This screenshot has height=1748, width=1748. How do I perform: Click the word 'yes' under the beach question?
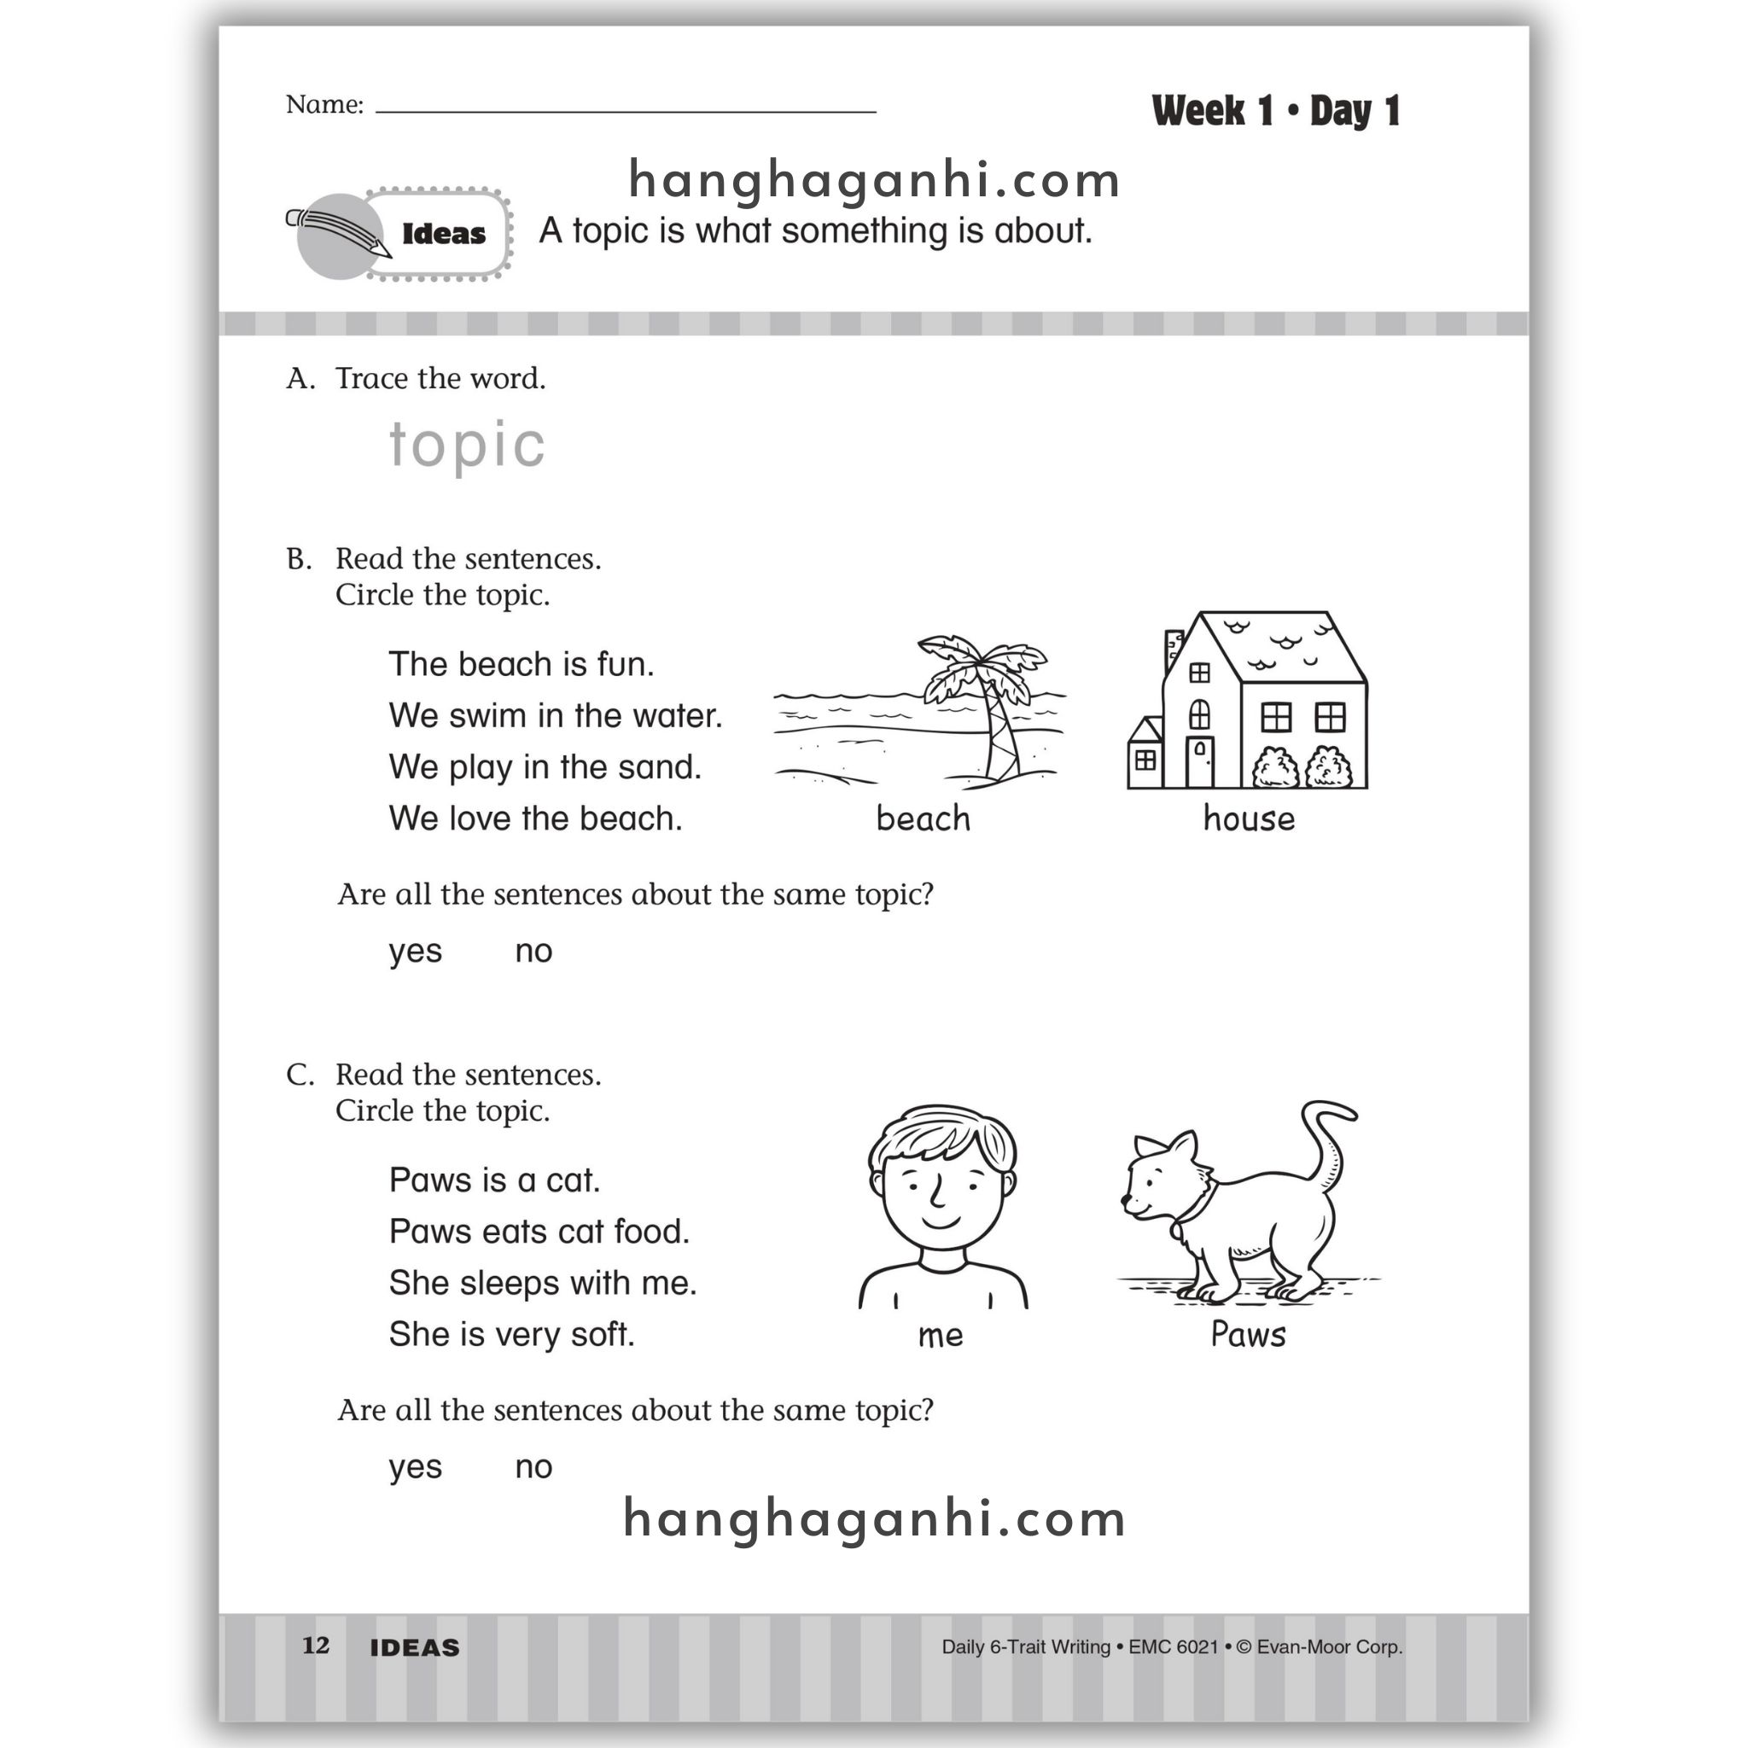pyautogui.click(x=416, y=952)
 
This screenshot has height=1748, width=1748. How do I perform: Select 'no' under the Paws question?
pyautogui.click(x=533, y=1467)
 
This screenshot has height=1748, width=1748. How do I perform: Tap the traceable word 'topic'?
pyautogui.click(x=467, y=446)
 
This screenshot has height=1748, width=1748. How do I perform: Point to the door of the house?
pyautogui.click(x=1200, y=762)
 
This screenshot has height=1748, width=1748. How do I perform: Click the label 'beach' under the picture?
pyautogui.click(x=923, y=819)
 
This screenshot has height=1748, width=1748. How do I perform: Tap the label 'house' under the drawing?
pyautogui.click(x=1249, y=819)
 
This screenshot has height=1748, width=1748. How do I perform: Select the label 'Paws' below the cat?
pyautogui.click(x=1248, y=1336)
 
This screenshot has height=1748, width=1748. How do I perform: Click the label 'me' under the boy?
pyautogui.click(x=940, y=1337)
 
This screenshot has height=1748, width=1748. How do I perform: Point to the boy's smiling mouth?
pyautogui.click(x=940, y=1222)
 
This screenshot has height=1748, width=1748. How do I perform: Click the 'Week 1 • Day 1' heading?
pyautogui.click(x=1276, y=111)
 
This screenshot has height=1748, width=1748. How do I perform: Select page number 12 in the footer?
pyautogui.click(x=316, y=1646)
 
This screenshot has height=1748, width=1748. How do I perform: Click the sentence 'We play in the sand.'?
pyautogui.click(x=545, y=767)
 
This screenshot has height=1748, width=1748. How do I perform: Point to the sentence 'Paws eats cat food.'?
pyautogui.click(x=539, y=1232)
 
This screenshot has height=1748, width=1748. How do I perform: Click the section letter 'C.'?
pyautogui.click(x=300, y=1075)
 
